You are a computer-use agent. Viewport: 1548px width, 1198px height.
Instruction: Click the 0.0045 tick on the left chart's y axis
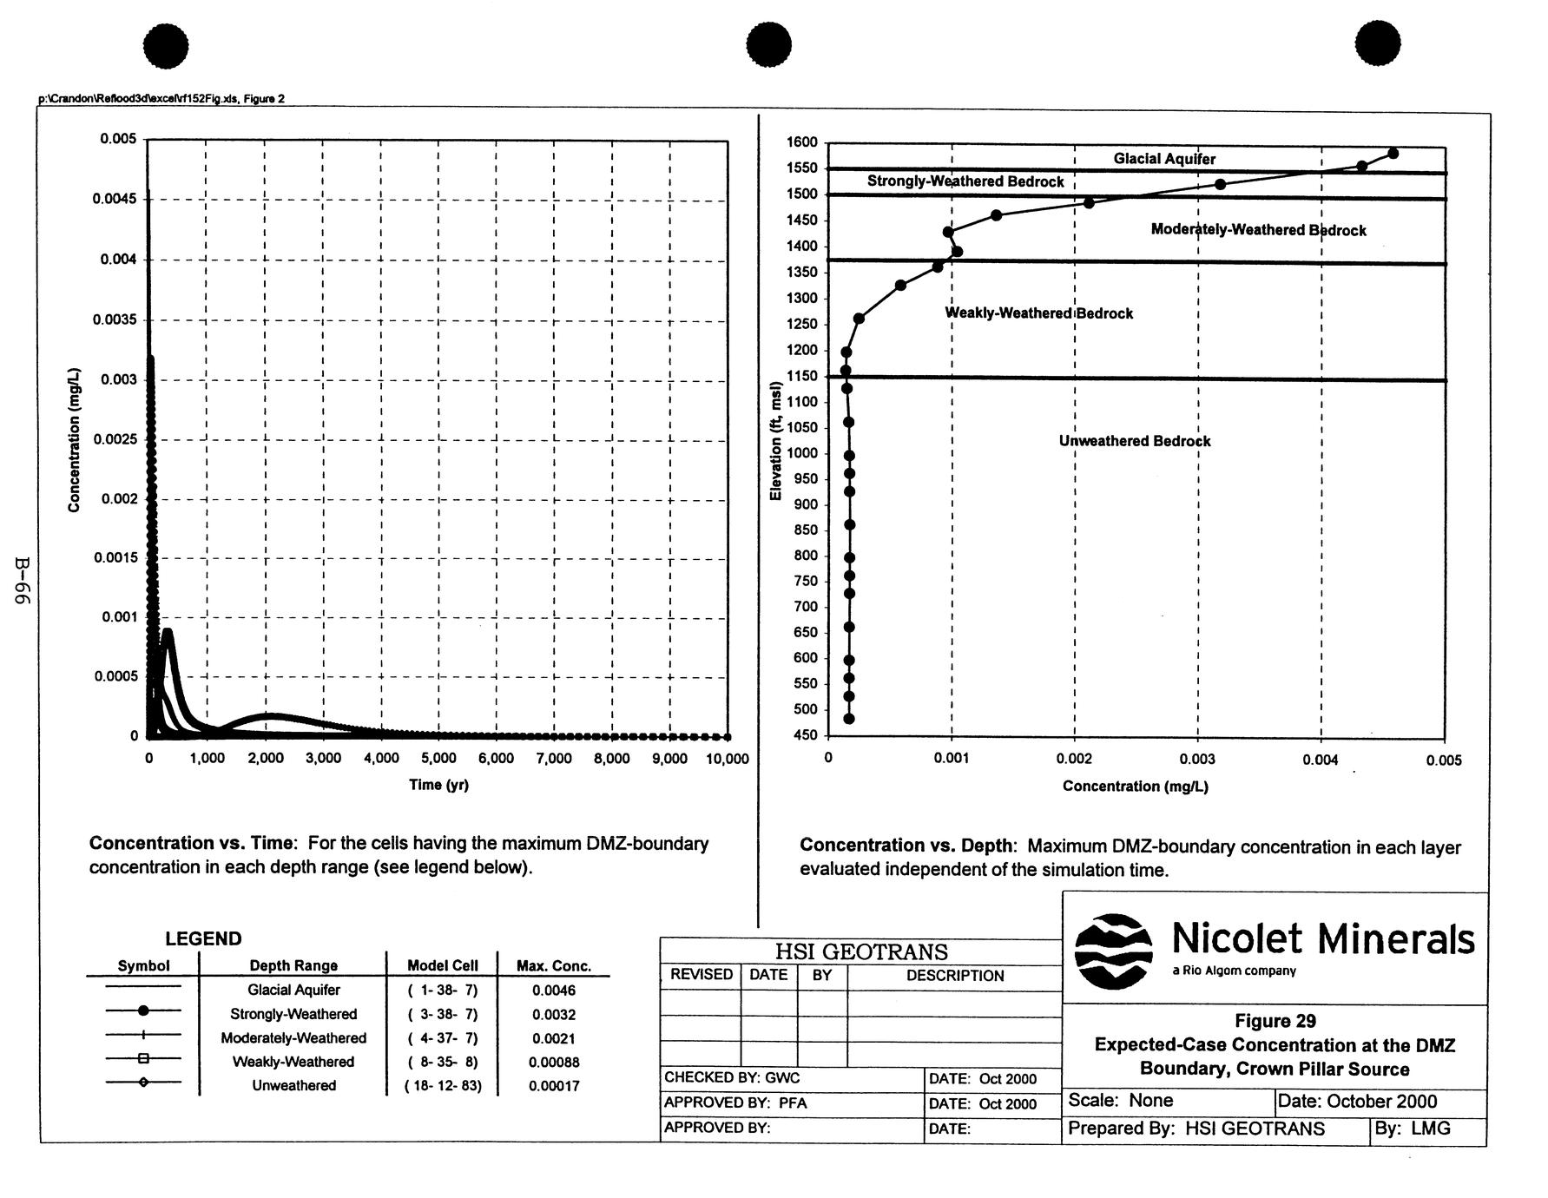[x=114, y=199]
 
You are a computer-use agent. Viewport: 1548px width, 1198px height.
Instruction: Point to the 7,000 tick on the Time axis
[x=553, y=759]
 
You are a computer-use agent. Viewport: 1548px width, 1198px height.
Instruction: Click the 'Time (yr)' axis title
[x=438, y=785]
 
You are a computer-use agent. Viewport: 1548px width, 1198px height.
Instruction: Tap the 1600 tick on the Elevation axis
[x=801, y=142]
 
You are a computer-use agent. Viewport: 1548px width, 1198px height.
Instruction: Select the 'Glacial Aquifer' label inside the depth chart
[x=1164, y=159]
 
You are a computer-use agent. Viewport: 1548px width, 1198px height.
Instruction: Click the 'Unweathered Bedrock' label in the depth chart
[x=1134, y=441]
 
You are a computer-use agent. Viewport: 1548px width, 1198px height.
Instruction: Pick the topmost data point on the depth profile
[x=1393, y=154]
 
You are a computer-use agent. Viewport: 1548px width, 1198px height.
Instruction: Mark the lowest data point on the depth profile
[x=849, y=719]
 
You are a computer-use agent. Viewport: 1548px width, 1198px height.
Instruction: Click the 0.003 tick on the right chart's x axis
[x=1197, y=759]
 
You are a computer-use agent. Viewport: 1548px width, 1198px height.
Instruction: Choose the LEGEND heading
[x=203, y=938]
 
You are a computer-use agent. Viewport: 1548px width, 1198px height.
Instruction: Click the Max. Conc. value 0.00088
[x=553, y=1062]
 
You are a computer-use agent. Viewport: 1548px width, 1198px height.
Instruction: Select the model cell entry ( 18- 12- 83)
[x=443, y=1085]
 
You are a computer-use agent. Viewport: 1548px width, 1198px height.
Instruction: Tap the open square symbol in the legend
[x=143, y=1058]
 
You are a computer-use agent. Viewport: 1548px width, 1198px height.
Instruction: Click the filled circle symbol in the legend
[x=143, y=1010]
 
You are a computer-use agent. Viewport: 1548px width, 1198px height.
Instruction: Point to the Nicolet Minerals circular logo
[x=1113, y=951]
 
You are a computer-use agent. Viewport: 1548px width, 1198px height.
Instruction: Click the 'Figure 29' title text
[x=1275, y=1021]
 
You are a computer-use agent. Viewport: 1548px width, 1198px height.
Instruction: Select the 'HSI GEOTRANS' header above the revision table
[x=860, y=951]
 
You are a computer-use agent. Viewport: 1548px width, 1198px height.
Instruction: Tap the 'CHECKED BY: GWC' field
[x=732, y=1078]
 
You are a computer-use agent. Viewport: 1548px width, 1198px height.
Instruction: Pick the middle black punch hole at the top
[x=768, y=44]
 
